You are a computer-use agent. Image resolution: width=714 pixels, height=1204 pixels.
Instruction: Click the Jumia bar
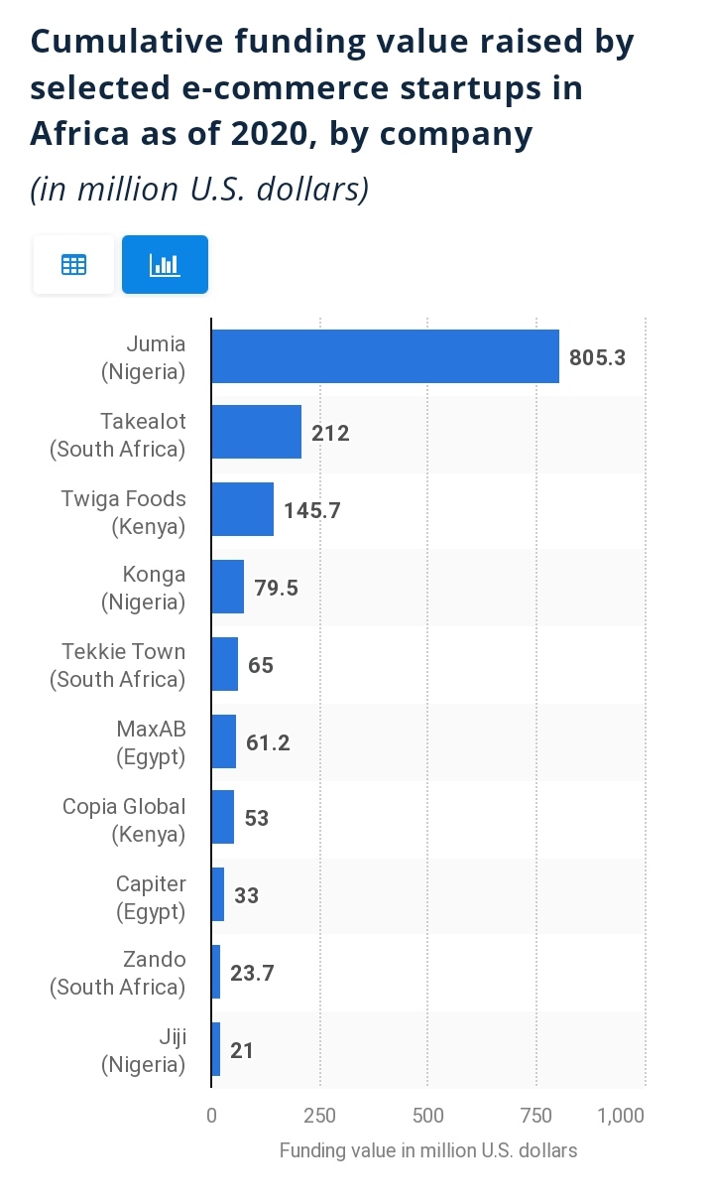pyautogui.click(x=385, y=356)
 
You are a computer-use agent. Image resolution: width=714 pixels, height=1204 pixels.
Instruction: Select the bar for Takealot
pyautogui.click(x=256, y=433)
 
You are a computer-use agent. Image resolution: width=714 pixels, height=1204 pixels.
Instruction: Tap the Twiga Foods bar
pyautogui.click(x=242, y=509)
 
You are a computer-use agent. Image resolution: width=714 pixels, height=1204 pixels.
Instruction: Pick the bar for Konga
pyautogui.click(x=227, y=587)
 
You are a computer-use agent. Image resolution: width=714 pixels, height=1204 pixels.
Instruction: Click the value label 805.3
pyautogui.click(x=597, y=357)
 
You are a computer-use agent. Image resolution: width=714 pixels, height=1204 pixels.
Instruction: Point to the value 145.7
pyautogui.click(x=311, y=510)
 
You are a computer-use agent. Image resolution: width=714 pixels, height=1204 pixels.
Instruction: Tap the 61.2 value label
pyautogui.click(x=268, y=742)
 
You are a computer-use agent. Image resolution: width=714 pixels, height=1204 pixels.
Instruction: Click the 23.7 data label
pyautogui.click(x=252, y=974)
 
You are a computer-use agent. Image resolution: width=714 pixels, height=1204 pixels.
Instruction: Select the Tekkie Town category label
pyautogui.click(x=118, y=665)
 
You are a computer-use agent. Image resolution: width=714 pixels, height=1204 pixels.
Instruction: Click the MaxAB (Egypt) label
pyautogui.click(x=150, y=742)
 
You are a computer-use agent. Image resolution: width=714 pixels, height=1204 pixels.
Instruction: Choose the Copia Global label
pyautogui.click(x=124, y=820)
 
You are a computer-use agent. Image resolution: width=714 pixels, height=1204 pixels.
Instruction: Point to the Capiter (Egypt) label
pyautogui.click(x=150, y=896)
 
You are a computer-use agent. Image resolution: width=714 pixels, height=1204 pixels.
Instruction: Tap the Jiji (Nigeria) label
pyautogui.click(x=144, y=1050)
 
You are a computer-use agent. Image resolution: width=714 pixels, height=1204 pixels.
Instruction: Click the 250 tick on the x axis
pyautogui.click(x=319, y=1116)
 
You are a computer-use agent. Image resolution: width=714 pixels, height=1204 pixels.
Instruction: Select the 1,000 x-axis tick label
pyautogui.click(x=622, y=1116)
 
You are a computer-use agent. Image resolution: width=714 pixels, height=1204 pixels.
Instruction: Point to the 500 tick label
pyautogui.click(x=427, y=1116)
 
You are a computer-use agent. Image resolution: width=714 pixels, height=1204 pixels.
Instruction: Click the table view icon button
pyautogui.click(x=73, y=265)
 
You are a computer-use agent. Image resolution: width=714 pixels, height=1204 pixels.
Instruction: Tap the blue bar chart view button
pyautogui.click(x=165, y=265)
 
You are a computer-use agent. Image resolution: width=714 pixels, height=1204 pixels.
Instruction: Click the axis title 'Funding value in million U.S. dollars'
pyautogui.click(x=427, y=1150)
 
